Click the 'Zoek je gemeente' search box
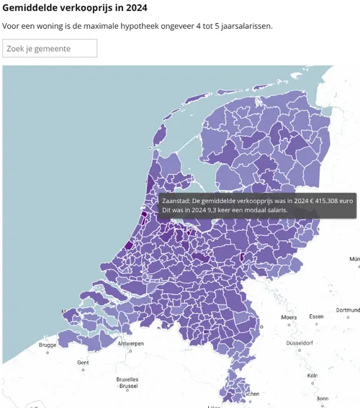click(50, 48)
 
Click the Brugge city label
click(48, 345)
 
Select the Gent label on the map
click(83, 362)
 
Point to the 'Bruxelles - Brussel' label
click(127, 382)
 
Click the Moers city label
click(289, 317)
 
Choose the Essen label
click(317, 317)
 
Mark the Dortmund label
click(347, 310)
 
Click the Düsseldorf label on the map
click(300, 344)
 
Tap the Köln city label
click(312, 376)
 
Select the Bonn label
click(322, 398)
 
